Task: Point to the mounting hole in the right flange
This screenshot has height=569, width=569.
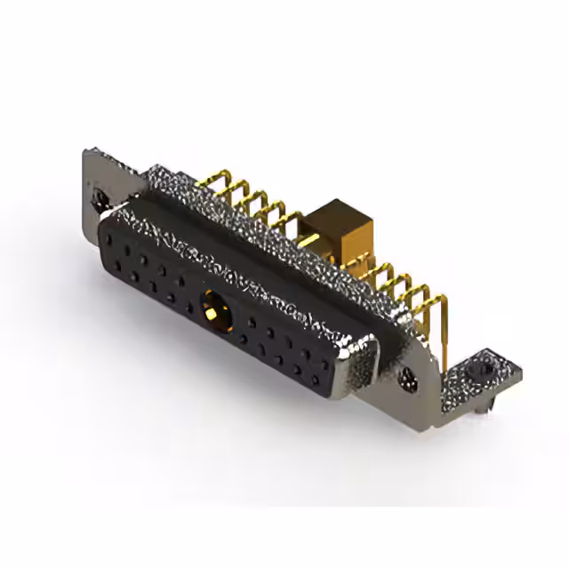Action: (x=410, y=377)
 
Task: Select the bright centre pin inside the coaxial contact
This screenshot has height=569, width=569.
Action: (x=213, y=310)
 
